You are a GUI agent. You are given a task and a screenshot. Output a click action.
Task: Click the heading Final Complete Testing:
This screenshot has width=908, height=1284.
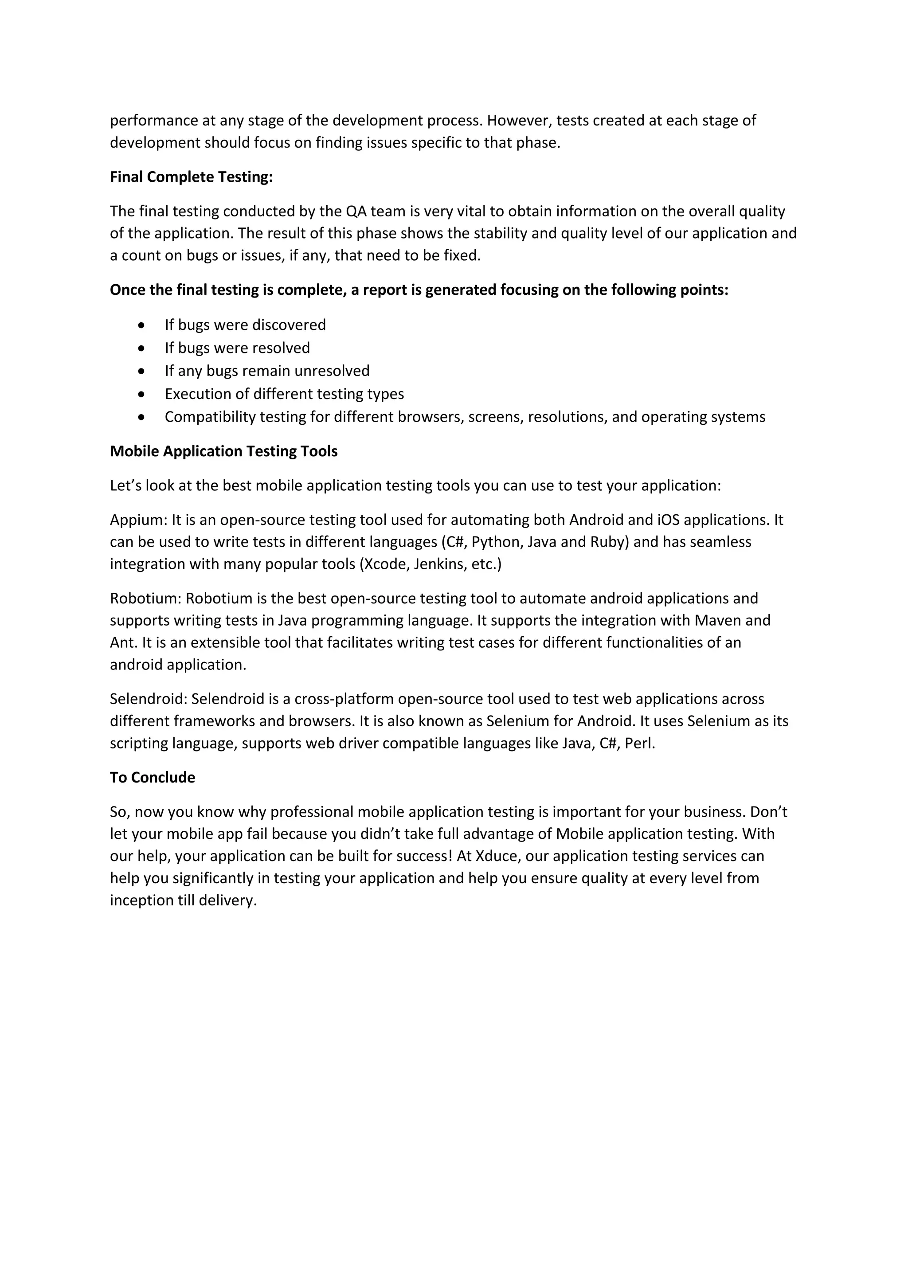pyautogui.click(x=191, y=177)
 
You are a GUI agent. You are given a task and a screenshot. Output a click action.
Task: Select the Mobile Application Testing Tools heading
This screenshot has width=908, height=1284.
pyautogui.click(x=223, y=451)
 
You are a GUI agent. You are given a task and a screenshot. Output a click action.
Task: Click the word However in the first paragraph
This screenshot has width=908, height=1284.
pyautogui.click(x=518, y=121)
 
